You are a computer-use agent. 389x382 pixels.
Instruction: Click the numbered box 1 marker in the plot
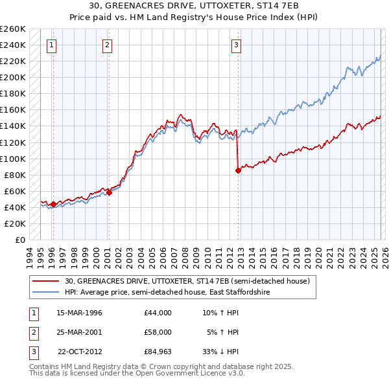51,45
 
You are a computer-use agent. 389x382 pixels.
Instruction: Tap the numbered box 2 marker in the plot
107,45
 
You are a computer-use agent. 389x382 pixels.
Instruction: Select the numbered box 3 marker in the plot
236,45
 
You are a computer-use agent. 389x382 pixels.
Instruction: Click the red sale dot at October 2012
238,170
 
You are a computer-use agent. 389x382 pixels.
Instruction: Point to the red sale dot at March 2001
109,192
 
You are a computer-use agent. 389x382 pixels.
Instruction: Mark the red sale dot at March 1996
53,204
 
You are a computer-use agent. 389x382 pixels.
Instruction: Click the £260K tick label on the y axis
12,29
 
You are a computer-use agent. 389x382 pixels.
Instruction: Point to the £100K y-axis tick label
12,159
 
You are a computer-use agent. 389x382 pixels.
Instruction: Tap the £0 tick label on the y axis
19,240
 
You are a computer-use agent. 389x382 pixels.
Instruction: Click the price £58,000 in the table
158,332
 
